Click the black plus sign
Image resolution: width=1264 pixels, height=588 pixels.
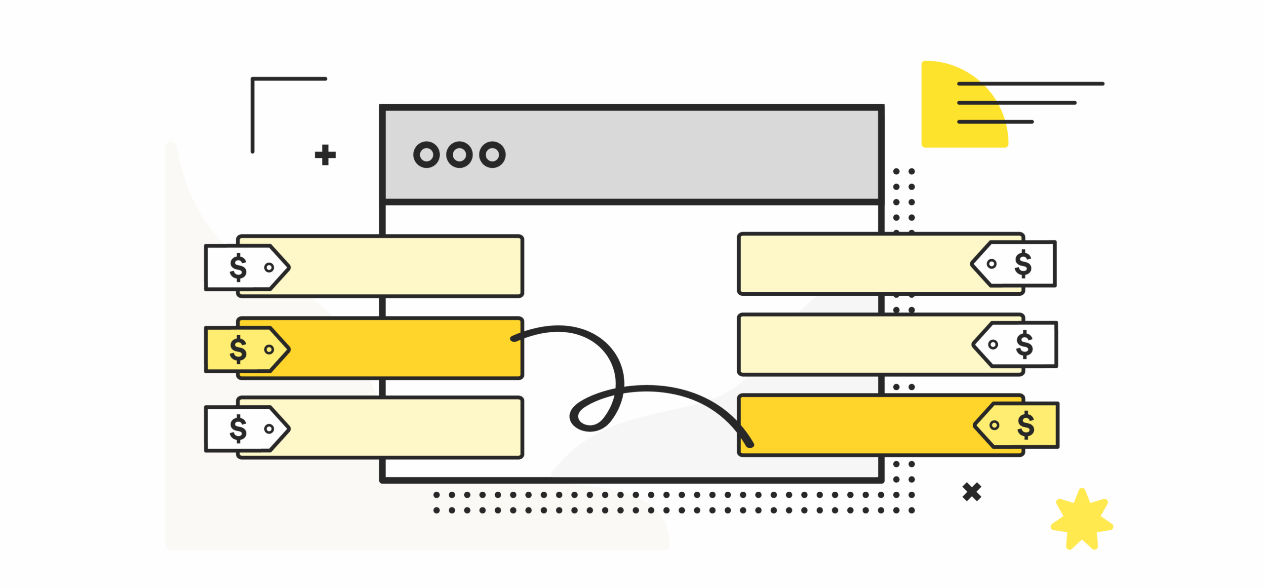click(x=325, y=155)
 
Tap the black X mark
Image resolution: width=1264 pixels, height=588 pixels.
click(x=971, y=492)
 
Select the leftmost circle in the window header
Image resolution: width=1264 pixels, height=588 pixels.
click(x=426, y=155)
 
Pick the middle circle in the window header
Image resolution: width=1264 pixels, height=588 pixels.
click(x=459, y=155)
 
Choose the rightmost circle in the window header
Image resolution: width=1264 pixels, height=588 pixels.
click(x=492, y=155)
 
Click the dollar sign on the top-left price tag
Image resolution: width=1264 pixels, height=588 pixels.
click(x=238, y=267)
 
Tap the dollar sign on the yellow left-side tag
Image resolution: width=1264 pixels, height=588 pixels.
click(x=238, y=349)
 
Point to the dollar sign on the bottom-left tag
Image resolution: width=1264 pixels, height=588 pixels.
click(x=238, y=428)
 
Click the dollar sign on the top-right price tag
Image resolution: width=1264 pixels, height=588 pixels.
click(x=1023, y=264)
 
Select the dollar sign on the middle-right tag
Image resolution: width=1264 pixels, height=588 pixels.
click(x=1024, y=344)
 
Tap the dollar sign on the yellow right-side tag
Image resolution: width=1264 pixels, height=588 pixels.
click(x=1026, y=425)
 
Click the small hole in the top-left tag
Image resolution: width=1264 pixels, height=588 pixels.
click(x=269, y=268)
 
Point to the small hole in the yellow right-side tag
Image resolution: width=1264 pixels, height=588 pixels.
click(x=994, y=425)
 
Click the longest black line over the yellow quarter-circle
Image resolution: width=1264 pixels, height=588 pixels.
click(x=1030, y=84)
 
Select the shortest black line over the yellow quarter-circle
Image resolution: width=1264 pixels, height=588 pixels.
click(x=995, y=121)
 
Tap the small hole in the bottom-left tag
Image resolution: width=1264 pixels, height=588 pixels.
click(x=269, y=429)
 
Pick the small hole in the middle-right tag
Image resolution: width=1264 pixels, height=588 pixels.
click(x=992, y=345)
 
